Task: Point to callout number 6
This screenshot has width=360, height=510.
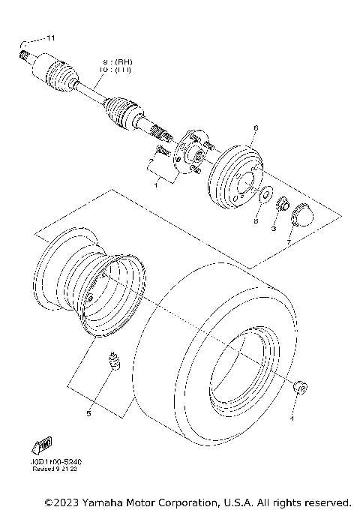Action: click(255, 128)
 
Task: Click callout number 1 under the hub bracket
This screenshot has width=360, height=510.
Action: click(157, 183)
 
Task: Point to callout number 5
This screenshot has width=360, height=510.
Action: click(88, 412)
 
